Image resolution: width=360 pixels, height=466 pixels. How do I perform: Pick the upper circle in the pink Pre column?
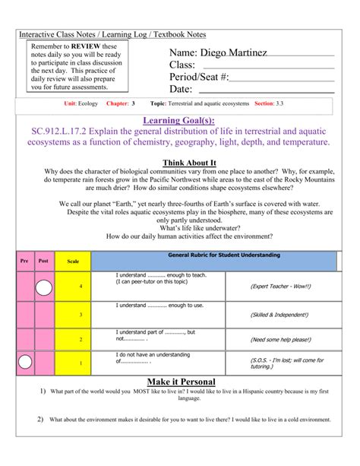[44, 287]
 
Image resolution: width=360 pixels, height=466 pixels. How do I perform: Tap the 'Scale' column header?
[73, 261]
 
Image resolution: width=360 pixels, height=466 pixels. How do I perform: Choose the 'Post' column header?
[43, 260]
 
